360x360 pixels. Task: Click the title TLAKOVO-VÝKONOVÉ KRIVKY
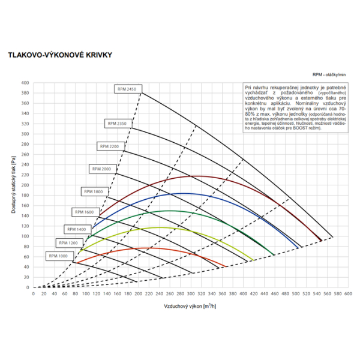coord(59,54)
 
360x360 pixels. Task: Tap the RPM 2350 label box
coord(117,123)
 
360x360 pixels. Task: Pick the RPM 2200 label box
coord(109,146)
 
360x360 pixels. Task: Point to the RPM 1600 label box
coord(85,212)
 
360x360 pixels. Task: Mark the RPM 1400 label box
coord(76,229)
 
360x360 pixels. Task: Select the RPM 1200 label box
coord(68,242)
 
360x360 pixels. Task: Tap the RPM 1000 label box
coord(59,256)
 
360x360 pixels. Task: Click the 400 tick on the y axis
coord(25,83)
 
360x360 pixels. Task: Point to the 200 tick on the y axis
coord(25,185)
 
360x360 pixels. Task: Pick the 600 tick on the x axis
coord(348,294)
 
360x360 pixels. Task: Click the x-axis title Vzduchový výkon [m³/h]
coord(190,306)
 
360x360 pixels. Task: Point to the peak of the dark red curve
coord(191,176)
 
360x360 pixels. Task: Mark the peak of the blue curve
coord(184,193)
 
